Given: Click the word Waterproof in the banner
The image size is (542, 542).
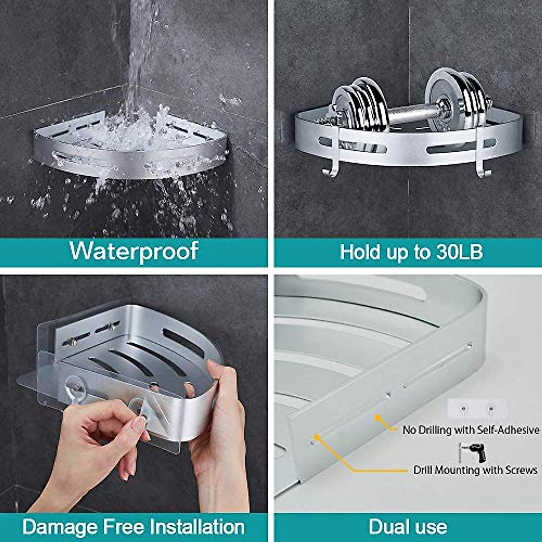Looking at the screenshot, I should [134, 251].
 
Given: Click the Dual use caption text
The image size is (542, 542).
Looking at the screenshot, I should [408, 527].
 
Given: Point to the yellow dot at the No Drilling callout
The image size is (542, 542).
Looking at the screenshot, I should [377, 417].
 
